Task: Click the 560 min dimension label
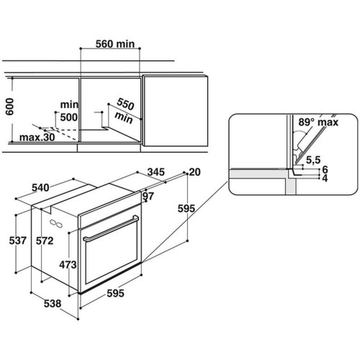[x=115, y=44]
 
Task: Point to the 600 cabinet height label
[x=10, y=107]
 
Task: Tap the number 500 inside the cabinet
[x=69, y=117]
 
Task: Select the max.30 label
[x=37, y=138]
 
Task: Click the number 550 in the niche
[x=125, y=104]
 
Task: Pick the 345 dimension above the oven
[x=156, y=172]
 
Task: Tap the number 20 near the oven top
[x=195, y=172]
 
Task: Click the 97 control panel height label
[x=148, y=196]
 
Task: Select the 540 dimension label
[x=40, y=188]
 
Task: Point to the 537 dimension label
[x=18, y=240]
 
